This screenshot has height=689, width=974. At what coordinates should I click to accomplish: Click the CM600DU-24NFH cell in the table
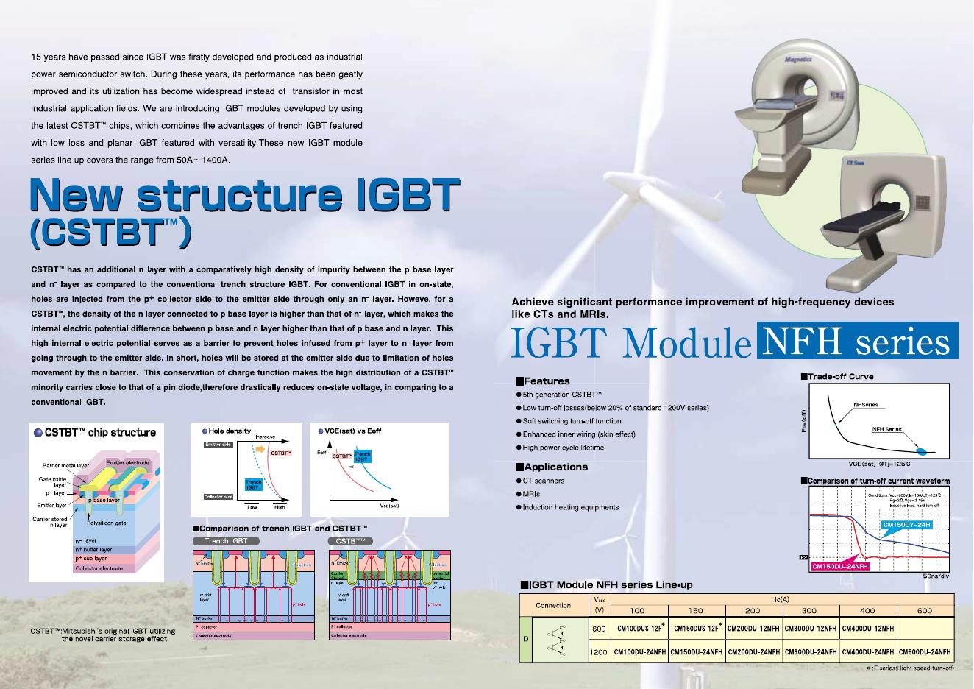click(924, 652)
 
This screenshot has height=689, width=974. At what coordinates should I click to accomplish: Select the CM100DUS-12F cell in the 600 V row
click(639, 629)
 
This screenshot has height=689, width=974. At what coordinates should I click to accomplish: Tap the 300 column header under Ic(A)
click(809, 611)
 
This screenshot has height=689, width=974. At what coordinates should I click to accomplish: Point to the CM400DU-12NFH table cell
click(867, 629)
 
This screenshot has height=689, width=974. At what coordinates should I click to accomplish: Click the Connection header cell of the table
click(553, 605)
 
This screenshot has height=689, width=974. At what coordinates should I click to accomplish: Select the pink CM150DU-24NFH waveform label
click(840, 566)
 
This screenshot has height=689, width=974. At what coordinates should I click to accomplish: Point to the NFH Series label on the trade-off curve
click(886, 429)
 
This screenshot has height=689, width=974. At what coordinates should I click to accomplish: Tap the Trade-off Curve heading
click(841, 377)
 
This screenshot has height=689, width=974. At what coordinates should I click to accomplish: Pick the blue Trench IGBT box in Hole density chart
click(253, 484)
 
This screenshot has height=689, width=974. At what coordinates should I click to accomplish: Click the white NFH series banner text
click(856, 342)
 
